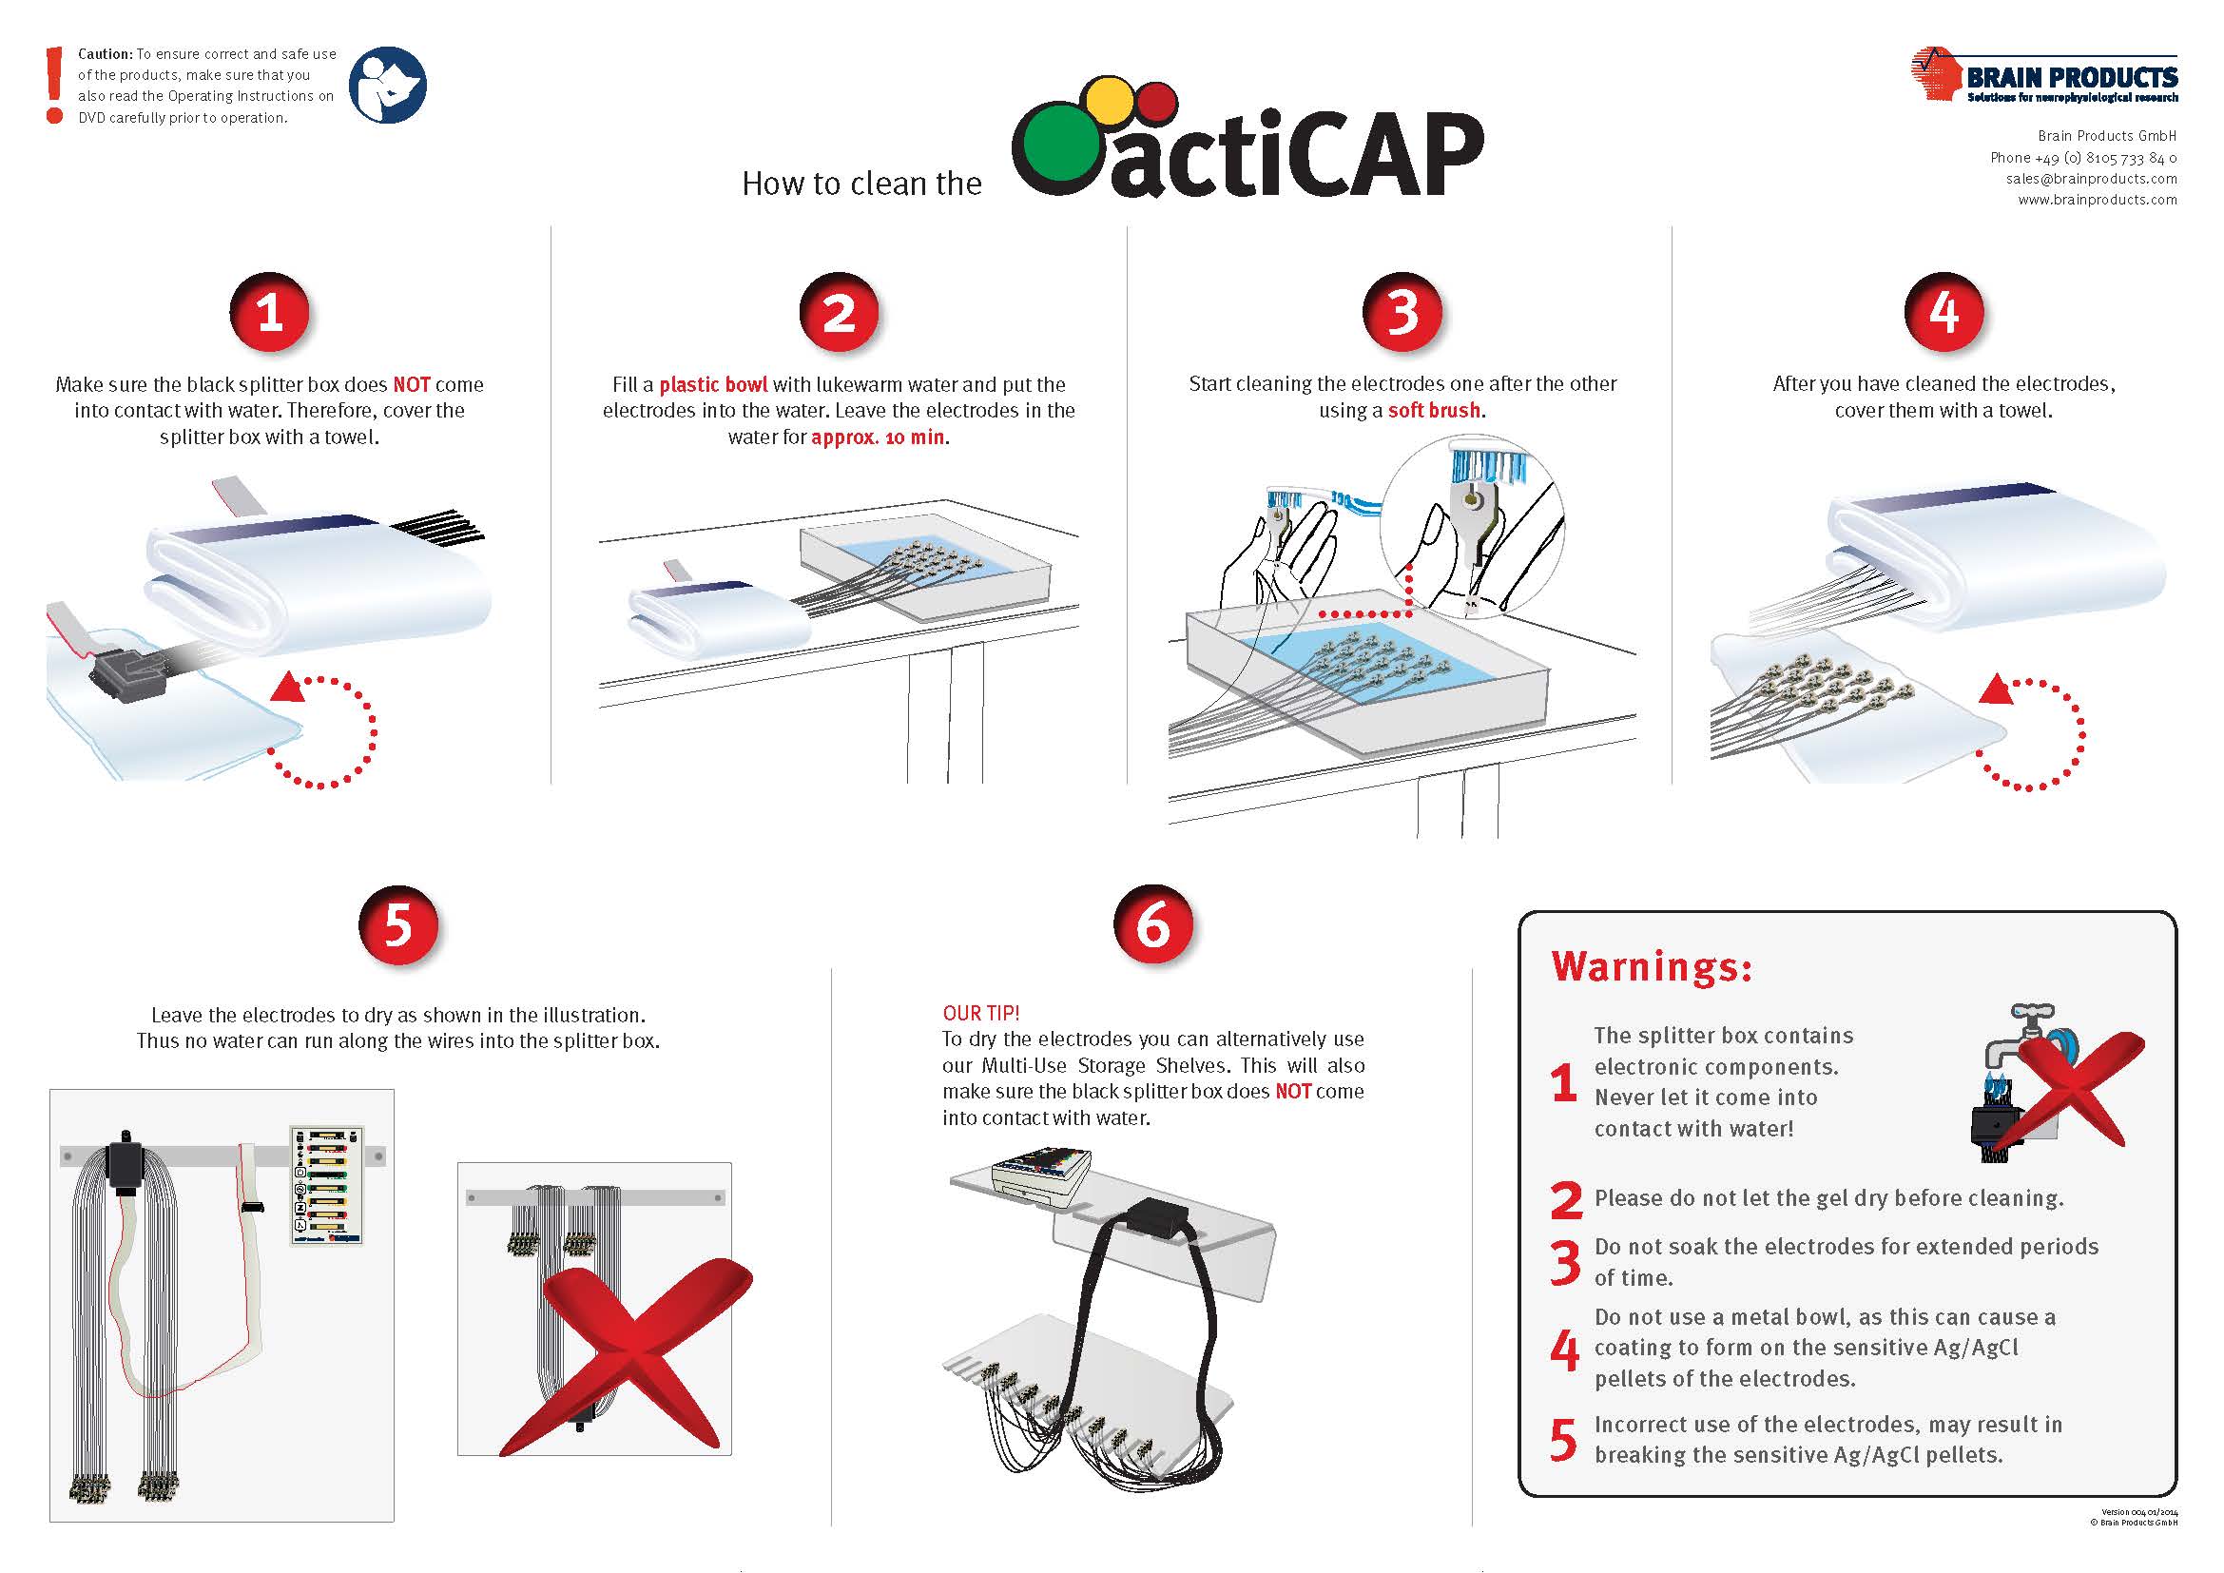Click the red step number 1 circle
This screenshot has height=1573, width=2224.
pos(269,312)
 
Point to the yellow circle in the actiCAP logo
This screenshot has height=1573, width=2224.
pos(1109,101)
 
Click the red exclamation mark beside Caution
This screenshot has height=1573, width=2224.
pos(55,86)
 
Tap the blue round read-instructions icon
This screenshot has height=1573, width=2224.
pos(387,86)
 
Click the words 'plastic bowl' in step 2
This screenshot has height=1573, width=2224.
pos(713,384)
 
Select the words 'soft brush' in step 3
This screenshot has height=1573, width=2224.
pos(1434,410)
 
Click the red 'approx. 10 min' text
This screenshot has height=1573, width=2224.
pos(878,437)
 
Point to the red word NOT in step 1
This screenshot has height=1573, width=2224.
pos(412,384)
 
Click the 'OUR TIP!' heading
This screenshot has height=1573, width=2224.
pos(980,1013)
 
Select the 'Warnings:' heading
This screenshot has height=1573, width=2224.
pos(1652,966)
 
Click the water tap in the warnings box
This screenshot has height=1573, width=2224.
pos(2020,1041)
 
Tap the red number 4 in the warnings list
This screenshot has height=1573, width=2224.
pos(1564,1350)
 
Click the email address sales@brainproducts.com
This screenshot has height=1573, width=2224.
pos(2090,178)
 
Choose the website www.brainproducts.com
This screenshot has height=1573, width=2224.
pos(2098,200)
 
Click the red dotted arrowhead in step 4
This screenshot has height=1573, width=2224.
pos(1996,689)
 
